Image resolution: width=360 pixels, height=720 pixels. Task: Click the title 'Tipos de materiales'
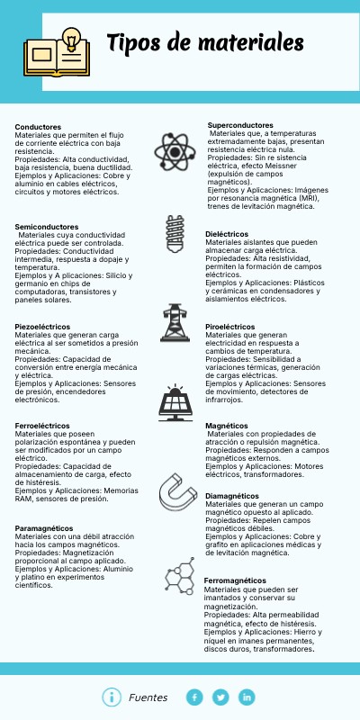[x=204, y=42]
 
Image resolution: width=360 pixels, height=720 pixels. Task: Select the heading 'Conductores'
[x=38, y=127]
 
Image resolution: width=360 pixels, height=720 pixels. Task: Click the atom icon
[x=173, y=149]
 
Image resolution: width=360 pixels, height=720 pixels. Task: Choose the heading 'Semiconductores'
[x=47, y=227]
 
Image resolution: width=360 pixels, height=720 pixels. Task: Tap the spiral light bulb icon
[x=173, y=233]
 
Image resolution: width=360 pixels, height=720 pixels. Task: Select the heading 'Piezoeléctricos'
[x=45, y=326]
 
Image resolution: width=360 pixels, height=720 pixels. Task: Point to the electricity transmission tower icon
[x=174, y=321]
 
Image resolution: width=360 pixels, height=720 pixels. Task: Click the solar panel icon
[x=174, y=402]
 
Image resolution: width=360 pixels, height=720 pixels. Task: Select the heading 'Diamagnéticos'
[x=233, y=496]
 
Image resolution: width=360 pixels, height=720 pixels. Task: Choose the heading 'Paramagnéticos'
[x=44, y=527]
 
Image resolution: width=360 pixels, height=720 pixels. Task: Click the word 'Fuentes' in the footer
[x=148, y=697]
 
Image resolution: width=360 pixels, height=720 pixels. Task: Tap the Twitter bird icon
[x=220, y=697]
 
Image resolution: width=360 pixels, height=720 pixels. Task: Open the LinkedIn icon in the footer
[x=247, y=697]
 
